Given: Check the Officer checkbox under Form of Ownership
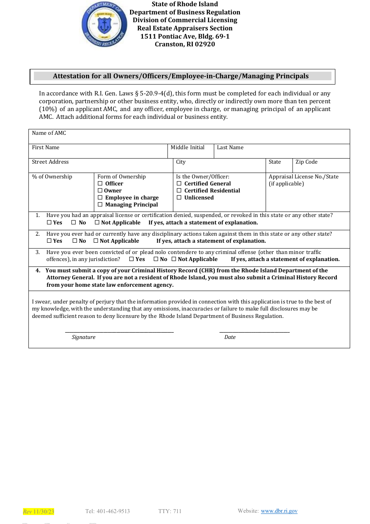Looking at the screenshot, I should point(100,183).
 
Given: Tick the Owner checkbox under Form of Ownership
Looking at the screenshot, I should point(100,191).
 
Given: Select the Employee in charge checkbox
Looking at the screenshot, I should point(100,198).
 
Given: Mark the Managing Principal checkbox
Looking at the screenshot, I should point(100,205).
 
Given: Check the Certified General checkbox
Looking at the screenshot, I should point(179,183).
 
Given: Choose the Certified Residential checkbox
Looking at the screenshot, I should point(179,191).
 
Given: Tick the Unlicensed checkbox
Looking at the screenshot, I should point(179,198).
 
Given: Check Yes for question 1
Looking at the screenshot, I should point(49,222).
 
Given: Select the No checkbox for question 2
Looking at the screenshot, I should point(75,241).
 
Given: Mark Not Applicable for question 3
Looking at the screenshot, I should point(174,259).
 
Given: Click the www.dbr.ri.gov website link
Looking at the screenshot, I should point(279,511).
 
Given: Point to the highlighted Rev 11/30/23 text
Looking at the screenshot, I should point(39,512).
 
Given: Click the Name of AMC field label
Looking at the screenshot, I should point(49,133).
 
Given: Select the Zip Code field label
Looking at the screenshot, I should point(306,162).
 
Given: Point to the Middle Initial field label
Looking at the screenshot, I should point(187,148).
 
